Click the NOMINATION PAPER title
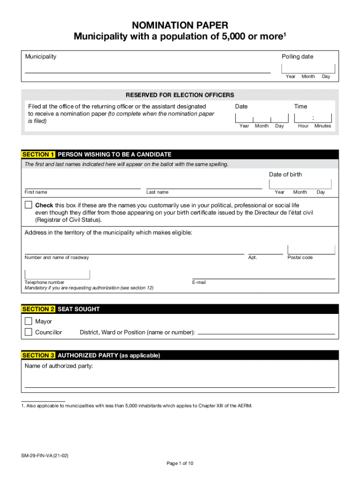point(180,25)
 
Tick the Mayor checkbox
point(29,321)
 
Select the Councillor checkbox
point(29,332)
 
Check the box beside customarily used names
point(29,205)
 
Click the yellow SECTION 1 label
point(39,154)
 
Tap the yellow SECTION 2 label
point(39,309)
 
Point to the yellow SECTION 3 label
point(39,356)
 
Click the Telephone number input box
point(57,275)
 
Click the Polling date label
point(297,57)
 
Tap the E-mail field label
point(199,283)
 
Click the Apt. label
point(252,258)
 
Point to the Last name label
point(157,192)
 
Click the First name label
point(36,192)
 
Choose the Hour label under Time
point(303,126)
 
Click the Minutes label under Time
point(323,126)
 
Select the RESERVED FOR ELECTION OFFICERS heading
point(180,95)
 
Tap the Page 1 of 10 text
point(180,464)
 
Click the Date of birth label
point(285,174)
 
